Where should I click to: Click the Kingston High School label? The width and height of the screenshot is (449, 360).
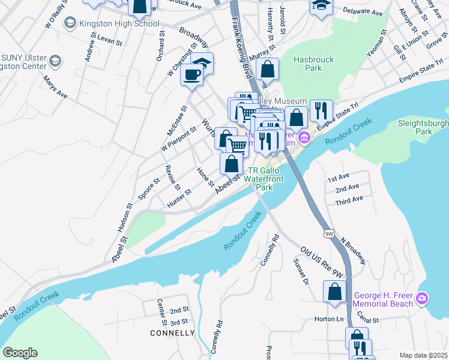122,23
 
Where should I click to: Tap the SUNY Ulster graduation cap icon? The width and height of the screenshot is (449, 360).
55,61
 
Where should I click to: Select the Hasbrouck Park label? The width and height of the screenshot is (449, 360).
308,64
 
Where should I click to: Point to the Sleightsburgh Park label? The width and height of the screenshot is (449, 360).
423,127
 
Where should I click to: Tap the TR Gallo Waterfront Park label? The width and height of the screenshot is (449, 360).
265,179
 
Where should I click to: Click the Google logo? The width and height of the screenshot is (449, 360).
20,353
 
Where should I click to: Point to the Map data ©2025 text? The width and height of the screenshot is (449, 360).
423,355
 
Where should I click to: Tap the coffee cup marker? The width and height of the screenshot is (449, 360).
191,75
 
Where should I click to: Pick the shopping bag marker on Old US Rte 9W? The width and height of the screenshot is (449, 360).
334,292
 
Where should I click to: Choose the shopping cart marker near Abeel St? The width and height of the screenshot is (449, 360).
238,145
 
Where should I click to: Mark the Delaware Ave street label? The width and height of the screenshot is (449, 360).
363,12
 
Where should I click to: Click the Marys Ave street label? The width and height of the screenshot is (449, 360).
55,87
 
